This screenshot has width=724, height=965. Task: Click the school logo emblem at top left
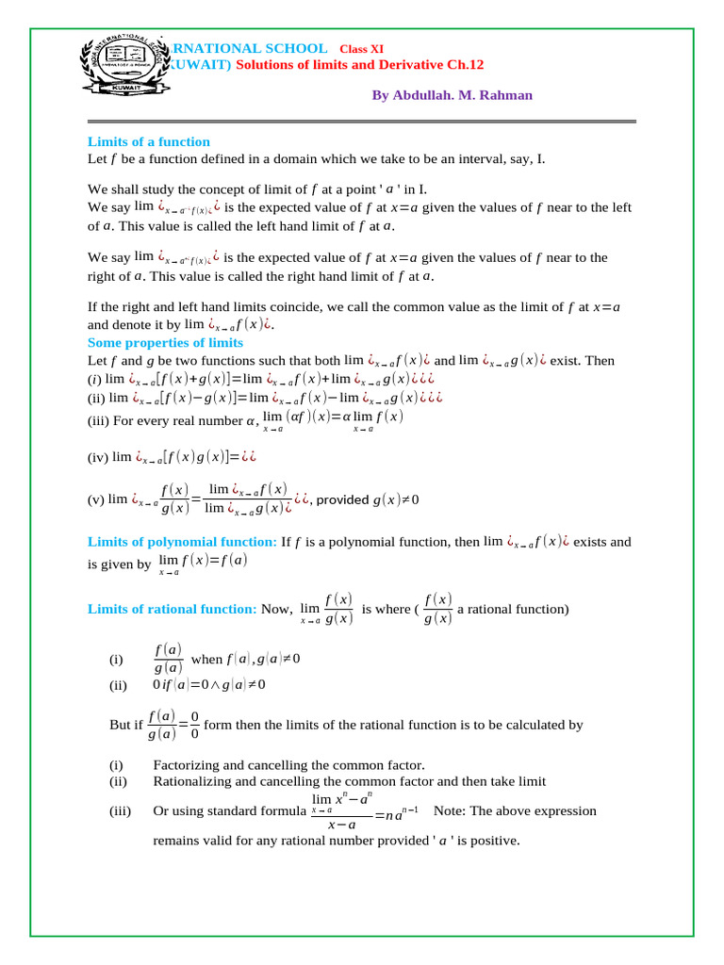tap(121, 76)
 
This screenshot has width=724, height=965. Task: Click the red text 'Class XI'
tap(361, 48)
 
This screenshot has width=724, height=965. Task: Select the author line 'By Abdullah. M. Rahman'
tap(452, 95)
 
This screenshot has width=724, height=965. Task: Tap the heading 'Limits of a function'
tap(148, 142)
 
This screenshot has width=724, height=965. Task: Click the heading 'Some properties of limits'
tap(165, 342)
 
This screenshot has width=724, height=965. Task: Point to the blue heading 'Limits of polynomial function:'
tap(182, 542)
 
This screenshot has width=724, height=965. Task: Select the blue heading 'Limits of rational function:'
tap(172, 609)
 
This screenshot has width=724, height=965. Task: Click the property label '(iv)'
tap(97, 457)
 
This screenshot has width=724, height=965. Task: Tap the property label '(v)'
tap(95, 499)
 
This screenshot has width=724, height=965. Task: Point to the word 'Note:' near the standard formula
tap(451, 810)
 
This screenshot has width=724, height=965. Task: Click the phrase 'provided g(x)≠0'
tap(368, 499)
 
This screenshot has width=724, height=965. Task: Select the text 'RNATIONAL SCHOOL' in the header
tap(246, 48)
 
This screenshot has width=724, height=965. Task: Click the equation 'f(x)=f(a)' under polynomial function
tap(215, 560)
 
